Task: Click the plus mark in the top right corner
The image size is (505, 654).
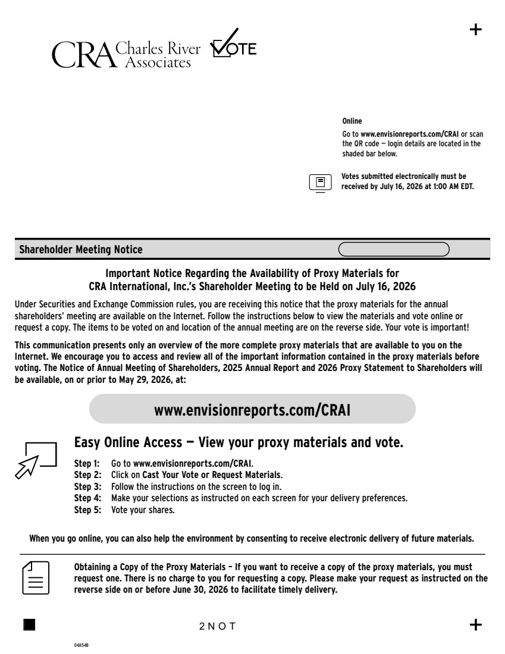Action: click(x=476, y=30)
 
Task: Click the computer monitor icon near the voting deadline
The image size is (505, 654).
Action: click(x=320, y=182)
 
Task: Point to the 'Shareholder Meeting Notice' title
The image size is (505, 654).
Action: click(x=81, y=250)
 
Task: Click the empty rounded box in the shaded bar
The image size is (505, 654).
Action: click(x=394, y=250)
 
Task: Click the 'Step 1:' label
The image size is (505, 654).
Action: click(x=87, y=463)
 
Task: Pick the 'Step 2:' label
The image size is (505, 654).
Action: click(x=87, y=474)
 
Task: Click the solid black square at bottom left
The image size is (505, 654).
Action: click(x=29, y=624)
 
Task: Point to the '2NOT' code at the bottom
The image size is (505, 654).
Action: click(x=218, y=625)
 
